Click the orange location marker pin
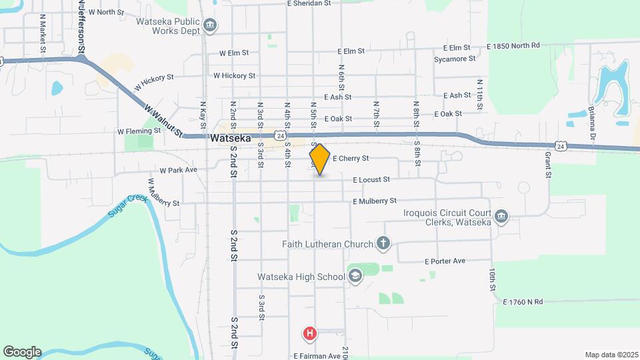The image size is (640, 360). coord(319,159)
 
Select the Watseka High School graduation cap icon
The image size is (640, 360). coord(355,276)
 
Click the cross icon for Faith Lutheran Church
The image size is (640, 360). coord(383,243)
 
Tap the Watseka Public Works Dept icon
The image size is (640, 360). coord(210,26)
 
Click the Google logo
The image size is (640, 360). coord(22,352)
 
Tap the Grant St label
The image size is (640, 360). coord(548,161)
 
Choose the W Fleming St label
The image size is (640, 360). coord(139,131)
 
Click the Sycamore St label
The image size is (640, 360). coord(454,59)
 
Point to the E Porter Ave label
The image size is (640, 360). coord(445,261)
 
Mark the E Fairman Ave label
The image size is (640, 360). coord(317,356)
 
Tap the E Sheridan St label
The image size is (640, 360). coord(309,3)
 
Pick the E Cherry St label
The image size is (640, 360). coord(351,159)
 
